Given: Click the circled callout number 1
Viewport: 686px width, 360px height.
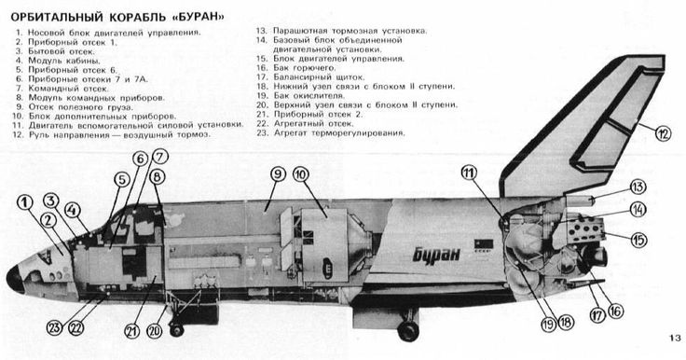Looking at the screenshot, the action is pyautogui.click(x=25, y=202).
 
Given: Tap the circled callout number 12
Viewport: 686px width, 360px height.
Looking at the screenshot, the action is pyautogui.click(x=663, y=133).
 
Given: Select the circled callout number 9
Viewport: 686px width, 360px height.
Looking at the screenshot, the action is pyautogui.click(x=278, y=174).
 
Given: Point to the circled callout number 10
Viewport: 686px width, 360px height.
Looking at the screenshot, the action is pyautogui.click(x=300, y=174).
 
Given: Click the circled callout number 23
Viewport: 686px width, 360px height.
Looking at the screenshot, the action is pyautogui.click(x=55, y=327).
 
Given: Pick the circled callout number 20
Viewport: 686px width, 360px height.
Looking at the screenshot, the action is pyautogui.click(x=154, y=331).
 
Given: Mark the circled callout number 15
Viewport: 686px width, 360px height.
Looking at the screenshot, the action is pyautogui.click(x=638, y=240).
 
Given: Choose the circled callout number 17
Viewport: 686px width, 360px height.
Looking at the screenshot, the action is pyautogui.click(x=597, y=315).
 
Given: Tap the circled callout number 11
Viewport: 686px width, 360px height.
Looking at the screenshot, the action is pyautogui.click(x=469, y=173).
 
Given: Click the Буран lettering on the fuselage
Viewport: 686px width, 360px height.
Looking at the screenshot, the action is pyautogui.click(x=436, y=254).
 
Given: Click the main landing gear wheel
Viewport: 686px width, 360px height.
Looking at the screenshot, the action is pyautogui.click(x=408, y=331).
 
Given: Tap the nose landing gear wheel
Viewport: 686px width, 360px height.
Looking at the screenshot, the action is pyautogui.click(x=176, y=329).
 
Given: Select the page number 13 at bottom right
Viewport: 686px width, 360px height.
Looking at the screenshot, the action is pyautogui.click(x=675, y=338).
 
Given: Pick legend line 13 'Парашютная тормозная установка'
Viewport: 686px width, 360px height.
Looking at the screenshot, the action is pyautogui.click(x=342, y=31).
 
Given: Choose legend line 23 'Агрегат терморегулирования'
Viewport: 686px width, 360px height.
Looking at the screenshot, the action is pyautogui.click(x=331, y=132).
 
